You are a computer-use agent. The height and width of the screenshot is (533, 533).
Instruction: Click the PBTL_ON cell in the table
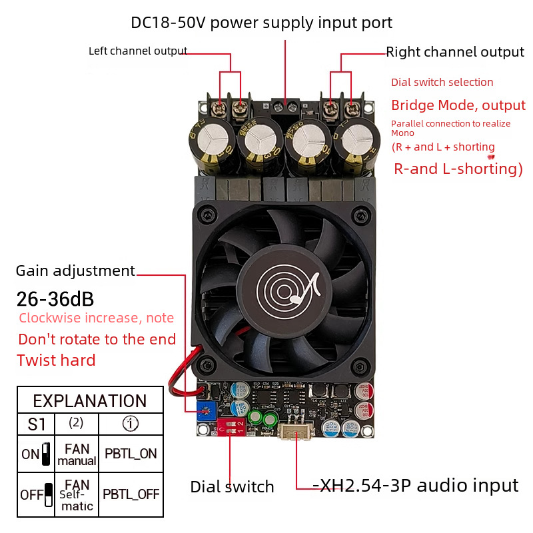[x=131, y=454]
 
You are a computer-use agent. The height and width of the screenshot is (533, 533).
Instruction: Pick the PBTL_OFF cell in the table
[x=131, y=494]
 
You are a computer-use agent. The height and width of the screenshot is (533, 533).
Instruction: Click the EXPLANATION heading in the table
[x=90, y=401]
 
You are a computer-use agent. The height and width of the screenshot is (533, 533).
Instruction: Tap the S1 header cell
[x=37, y=424]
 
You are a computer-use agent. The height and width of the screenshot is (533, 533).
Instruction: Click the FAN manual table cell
[x=77, y=454]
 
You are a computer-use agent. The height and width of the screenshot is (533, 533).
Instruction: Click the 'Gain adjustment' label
[x=75, y=270]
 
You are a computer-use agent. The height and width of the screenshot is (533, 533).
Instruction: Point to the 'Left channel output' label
[x=138, y=51]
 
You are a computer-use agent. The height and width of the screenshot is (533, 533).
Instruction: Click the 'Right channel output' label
[x=455, y=52]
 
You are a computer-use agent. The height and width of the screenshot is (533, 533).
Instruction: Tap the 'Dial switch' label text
[x=232, y=487]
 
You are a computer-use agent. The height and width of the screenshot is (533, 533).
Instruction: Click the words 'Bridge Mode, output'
[x=458, y=105]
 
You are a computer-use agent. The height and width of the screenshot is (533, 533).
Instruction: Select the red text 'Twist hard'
[x=56, y=360]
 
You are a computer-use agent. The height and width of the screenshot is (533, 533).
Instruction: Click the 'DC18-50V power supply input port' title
[x=261, y=23]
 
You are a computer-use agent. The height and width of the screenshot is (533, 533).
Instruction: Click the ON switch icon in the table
[x=46, y=454]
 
